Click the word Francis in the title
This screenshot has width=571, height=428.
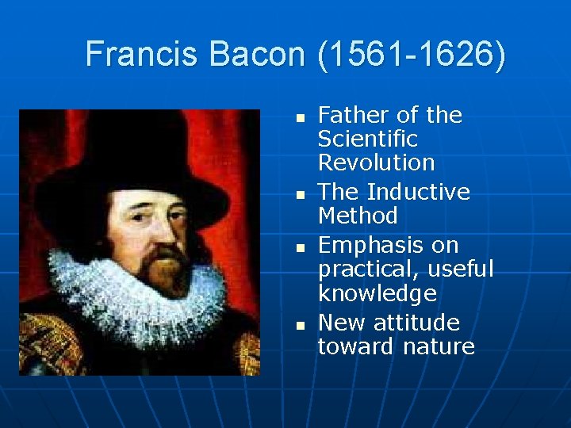(x=141, y=55)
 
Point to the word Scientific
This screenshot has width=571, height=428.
(x=367, y=139)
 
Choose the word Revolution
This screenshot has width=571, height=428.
(x=377, y=163)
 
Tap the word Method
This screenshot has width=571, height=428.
(x=358, y=216)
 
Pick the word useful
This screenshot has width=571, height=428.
(x=463, y=269)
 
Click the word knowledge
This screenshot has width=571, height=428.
(x=377, y=293)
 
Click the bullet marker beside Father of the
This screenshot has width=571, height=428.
(x=299, y=117)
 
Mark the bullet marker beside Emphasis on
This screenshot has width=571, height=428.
(x=299, y=247)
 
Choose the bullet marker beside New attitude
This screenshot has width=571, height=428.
(x=299, y=325)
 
